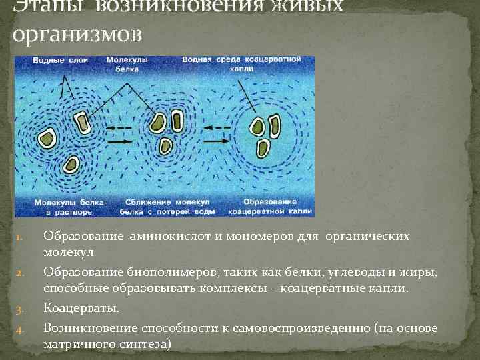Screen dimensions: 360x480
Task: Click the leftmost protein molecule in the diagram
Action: pos(47,139)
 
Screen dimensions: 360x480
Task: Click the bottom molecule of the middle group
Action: pos(165,145)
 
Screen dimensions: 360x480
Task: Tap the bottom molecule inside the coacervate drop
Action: pos(265,148)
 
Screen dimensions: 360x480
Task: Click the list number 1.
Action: pos(20,237)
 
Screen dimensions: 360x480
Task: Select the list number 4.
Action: pos(20,329)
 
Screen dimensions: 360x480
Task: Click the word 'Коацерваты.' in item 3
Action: pos(81,308)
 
